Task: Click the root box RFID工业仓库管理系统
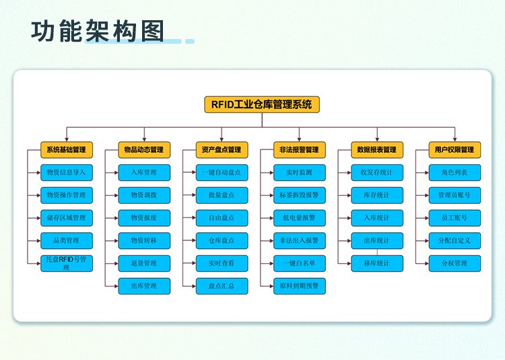click(x=262, y=104)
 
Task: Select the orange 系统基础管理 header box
click(x=67, y=150)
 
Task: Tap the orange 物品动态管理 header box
click(x=144, y=150)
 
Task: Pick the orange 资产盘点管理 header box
click(x=222, y=150)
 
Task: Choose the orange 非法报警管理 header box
click(x=300, y=150)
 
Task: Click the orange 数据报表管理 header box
click(x=377, y=150)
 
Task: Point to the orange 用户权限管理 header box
click(x=454, y=150)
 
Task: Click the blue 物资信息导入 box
click(x=67, y=173)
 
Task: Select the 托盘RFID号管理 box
click(x=67, y=264)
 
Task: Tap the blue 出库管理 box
click(x=144, y=286)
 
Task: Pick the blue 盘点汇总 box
click(x=222, y=286)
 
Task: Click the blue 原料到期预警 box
click(x=300, y=286)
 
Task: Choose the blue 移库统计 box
click(x=377, y=264)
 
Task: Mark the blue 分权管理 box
click(x=454, y=264)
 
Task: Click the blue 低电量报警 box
click(x=300, y=218)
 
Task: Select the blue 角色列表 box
click(x=454, y=173)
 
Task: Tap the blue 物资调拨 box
click(x=144, y=195)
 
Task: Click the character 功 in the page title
click(x=42, y=31)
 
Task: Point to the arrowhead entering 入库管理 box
click(x=116, y=173)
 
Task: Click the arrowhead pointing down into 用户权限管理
click(x=454, y=139)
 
